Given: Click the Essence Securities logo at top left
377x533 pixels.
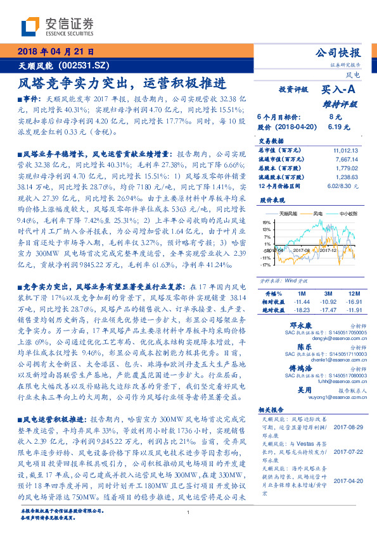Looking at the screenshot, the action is point(57,26).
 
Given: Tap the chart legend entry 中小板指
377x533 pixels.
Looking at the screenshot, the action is point(347,214).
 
